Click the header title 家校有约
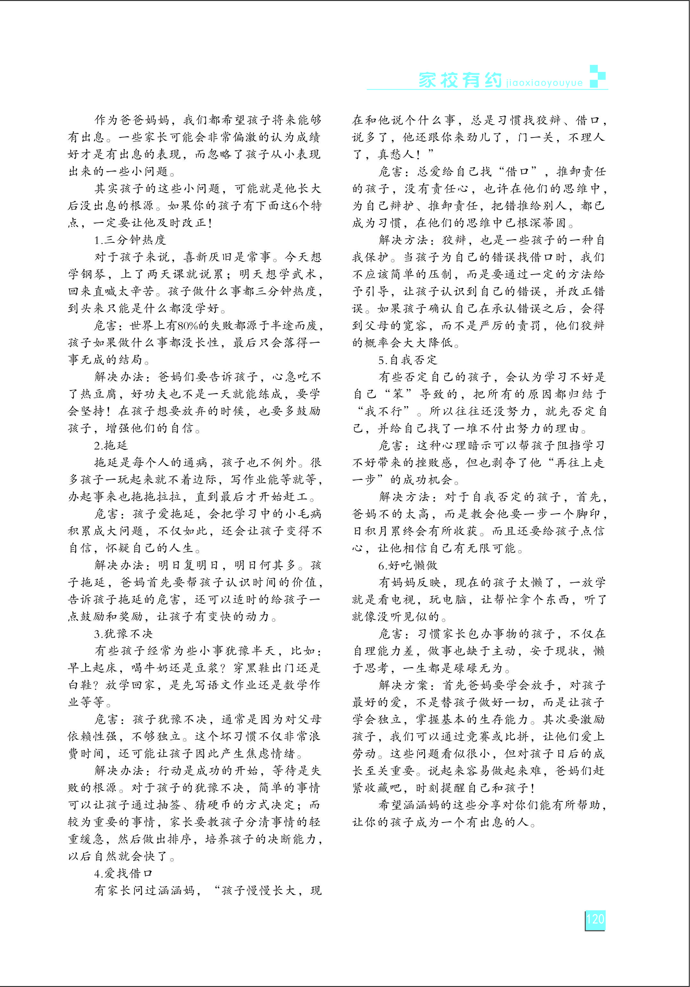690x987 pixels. [460, 80]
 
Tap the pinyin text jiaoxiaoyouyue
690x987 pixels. [544, 83]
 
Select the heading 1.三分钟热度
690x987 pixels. [130, 240]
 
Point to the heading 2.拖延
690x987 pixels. [111, 445]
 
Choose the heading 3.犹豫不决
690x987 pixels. [123, 633]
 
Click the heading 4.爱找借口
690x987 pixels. [123, 874]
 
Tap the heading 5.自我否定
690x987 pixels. [407, 360]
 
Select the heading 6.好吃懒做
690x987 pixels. [407, 565]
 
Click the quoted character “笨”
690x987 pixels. [398, 394]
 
